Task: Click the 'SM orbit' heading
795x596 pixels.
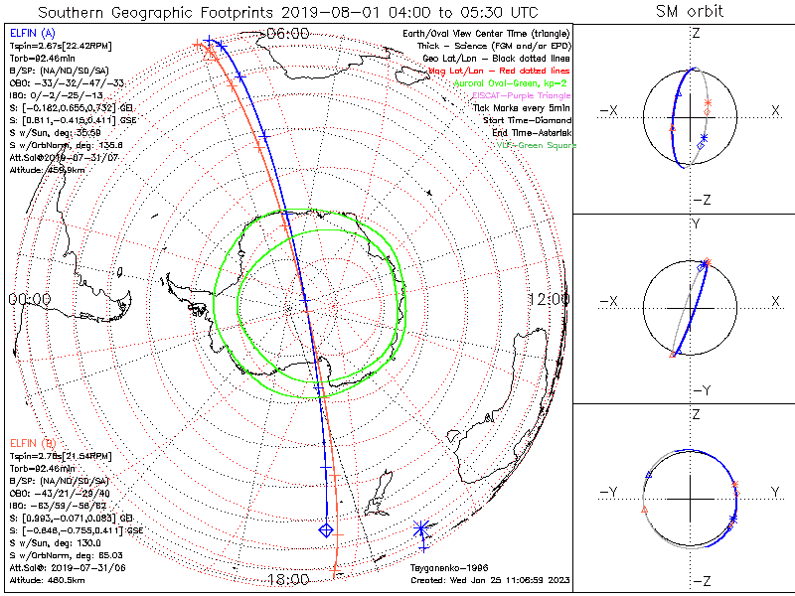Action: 690,12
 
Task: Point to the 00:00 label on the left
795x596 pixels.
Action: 29,299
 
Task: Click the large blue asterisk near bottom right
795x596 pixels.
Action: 422,526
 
